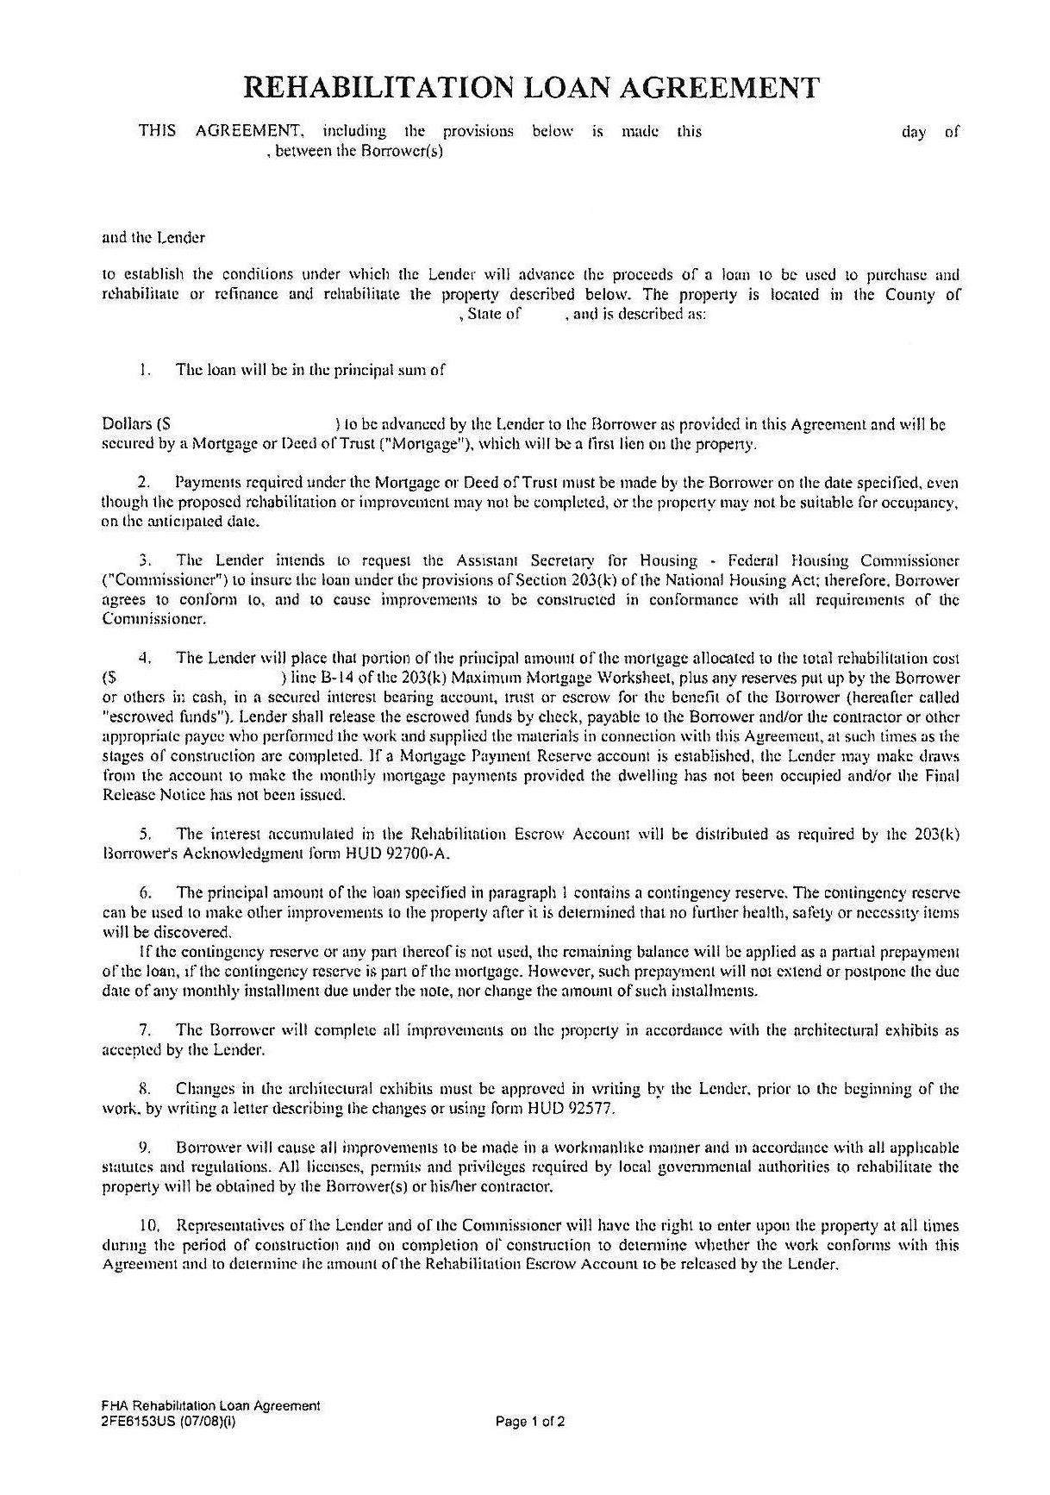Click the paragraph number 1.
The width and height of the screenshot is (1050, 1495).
[141, 371]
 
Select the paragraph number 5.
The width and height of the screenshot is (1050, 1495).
[146, 834]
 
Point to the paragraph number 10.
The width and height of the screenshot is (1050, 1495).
[150, 1225]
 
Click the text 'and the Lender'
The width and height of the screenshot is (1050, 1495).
[153, 236]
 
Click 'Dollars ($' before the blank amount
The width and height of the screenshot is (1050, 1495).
[136, 424]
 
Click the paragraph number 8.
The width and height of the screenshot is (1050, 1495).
[146, 1089]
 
